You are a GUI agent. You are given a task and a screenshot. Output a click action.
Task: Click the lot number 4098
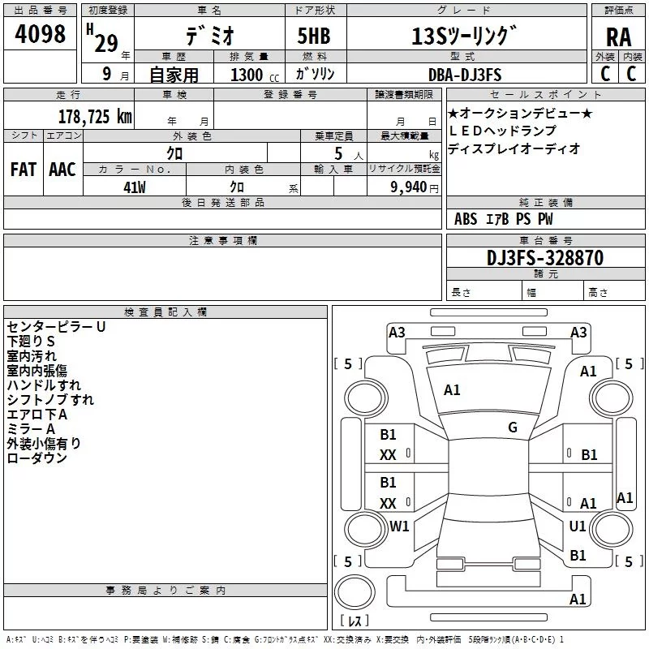click(40, 33)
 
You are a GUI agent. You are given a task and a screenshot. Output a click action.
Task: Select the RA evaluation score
click(618, 37)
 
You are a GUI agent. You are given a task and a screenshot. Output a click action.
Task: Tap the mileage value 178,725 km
click(95, 117)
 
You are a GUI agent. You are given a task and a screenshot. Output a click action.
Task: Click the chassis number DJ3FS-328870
click(545, 257)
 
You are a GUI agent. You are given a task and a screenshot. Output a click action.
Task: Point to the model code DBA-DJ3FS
click(465, 75)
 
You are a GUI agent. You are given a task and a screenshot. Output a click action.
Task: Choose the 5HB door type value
click(314, 36)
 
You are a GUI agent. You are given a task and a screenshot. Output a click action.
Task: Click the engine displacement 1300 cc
click(255, 75)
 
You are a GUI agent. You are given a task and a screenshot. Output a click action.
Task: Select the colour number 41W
click(135, 187)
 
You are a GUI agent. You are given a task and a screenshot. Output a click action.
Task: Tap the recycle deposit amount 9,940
click(409, 187)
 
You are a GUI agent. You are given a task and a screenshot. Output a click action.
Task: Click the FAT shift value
click(24, 170)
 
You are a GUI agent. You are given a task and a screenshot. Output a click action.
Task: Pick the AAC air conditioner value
click(62, 170)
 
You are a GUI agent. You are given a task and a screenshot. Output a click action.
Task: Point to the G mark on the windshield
click(513, 428)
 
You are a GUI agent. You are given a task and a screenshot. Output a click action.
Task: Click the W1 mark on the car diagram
click(399, 526)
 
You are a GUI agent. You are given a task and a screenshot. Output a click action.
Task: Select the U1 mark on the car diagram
click(578, 526)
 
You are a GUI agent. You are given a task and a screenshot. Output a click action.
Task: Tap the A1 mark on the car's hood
click(452, 390)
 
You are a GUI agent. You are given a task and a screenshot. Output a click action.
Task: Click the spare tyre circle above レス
click(355, 592)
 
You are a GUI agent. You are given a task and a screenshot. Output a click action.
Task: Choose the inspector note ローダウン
click(37, 458)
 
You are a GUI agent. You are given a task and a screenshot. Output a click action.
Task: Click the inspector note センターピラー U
click(56, 327)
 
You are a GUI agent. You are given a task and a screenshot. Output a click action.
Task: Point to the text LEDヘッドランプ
click(502, 131)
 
